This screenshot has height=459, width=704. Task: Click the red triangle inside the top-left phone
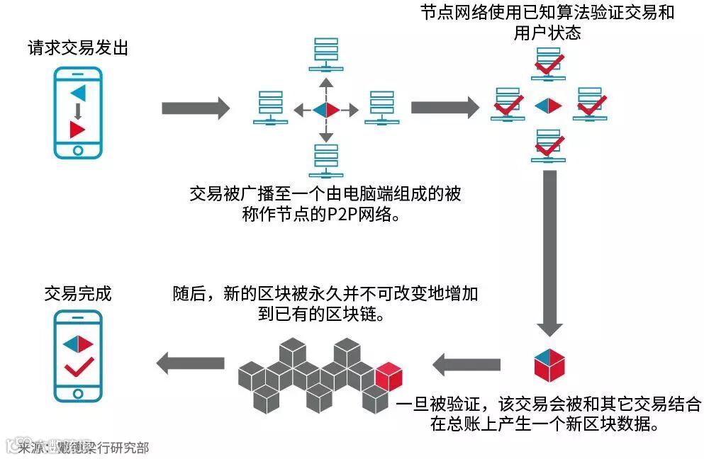(77, 129)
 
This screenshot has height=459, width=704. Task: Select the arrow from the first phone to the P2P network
(195, 108)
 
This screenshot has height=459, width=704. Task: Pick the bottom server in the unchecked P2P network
(326, 160)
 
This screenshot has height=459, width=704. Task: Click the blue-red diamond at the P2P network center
(326, 109)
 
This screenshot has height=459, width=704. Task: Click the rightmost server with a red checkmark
(588, 103)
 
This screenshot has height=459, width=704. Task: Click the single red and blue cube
(549, 364)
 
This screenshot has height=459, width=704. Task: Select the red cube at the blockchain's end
(389, 376)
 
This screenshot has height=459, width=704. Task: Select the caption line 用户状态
(547, 33)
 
